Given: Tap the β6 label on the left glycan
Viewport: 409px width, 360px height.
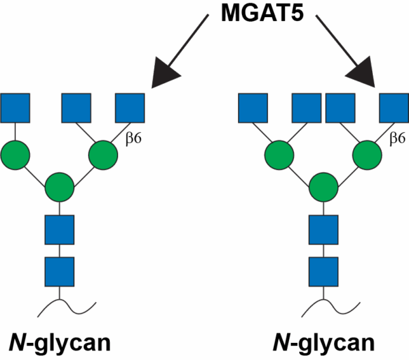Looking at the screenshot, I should click(x=134, y=138).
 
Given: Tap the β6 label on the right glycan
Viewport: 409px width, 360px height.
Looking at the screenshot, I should click(x=397, y=138).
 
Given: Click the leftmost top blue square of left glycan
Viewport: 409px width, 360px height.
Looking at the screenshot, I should click(x=15, y=108).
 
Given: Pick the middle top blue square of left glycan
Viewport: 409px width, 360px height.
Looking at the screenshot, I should click(x=76, y=108).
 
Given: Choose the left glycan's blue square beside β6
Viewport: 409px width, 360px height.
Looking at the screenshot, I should click(x=130, y=108).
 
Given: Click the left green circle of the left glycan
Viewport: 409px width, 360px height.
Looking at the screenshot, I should click(x=15, y=155).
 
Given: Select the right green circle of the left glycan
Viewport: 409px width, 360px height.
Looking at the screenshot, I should click(x=104, y=155).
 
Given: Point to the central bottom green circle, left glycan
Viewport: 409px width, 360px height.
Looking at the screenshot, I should click(x=59, y=186).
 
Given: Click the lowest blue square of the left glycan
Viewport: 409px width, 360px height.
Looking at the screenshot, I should click(x=59, y=271).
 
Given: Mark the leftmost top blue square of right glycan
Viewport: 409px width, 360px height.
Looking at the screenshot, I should click(x=252, y=108).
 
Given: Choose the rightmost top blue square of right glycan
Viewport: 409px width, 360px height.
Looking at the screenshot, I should click(x=393, y=108).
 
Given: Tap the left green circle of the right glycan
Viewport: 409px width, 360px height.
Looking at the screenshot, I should click(x=279, y=155).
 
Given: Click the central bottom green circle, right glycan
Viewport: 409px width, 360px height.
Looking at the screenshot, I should click(x=323, y=186).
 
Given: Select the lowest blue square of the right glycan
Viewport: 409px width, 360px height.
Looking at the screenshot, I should click(x=323, y=271).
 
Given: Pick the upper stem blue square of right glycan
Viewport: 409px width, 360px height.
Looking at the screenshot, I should click(x=323, y=229).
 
